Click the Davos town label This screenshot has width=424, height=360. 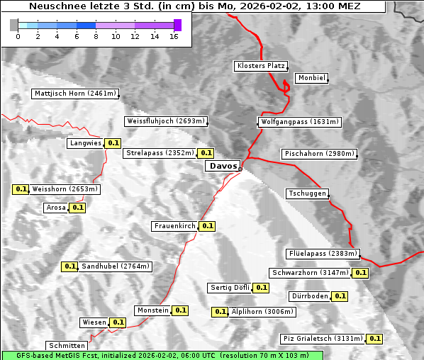pyautogui.click(x=222, y=166)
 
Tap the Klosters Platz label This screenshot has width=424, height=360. pyautogui.click(x=260, y=66)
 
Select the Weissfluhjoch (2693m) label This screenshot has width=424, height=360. pyautogui.click(x=165, y=121)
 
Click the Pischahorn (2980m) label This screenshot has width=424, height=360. pyautogui.click(x=319, y=154)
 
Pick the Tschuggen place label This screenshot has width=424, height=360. pyautogui.click(x=307, y=193)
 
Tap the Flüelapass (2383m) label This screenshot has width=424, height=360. pyautogui.click(x=323, y=254)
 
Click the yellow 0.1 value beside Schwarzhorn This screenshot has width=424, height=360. pyautogui.click(x=361, y=273)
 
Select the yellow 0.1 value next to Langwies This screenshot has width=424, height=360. pyautogui.click(x=113, y=143)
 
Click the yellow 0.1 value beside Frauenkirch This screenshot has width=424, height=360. pyautogui.click(x=207, y=226)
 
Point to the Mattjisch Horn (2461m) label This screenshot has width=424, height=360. pyautogui.click(x=76, y=94)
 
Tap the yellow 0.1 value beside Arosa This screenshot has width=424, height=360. pyautogui.click(x=77, y=208)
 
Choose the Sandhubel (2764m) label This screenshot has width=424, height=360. pyautogui.click(x=116, y=266)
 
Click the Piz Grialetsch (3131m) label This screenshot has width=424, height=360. pyautogui.click(x=323, y=339)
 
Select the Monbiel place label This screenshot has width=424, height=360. pyautogui.click(x=311, y=78)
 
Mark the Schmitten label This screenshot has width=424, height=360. pyautogui.click(x=67, y=346)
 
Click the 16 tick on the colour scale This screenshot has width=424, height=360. pyautogui.click(x=174, y=35)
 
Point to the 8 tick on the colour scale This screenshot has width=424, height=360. pyautogui.click(x=96, y=35)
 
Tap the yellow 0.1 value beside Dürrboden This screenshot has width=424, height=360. pyautogui.click(x=340, y=296)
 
